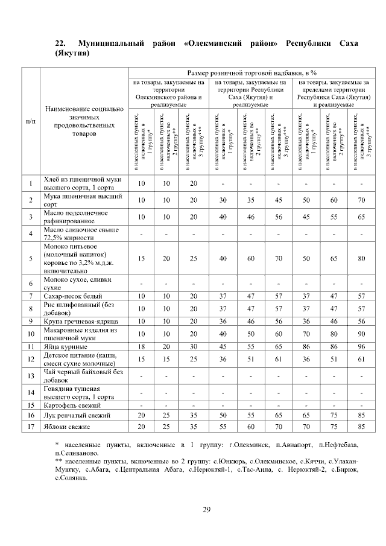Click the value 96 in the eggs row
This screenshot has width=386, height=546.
tap(361, 347)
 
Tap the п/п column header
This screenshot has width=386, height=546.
tap(30, 121)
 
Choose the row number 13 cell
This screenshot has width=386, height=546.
tap(30, 376)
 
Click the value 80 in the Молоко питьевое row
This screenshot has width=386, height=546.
tap(361, 259)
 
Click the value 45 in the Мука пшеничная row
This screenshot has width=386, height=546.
tap(278, 200)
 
